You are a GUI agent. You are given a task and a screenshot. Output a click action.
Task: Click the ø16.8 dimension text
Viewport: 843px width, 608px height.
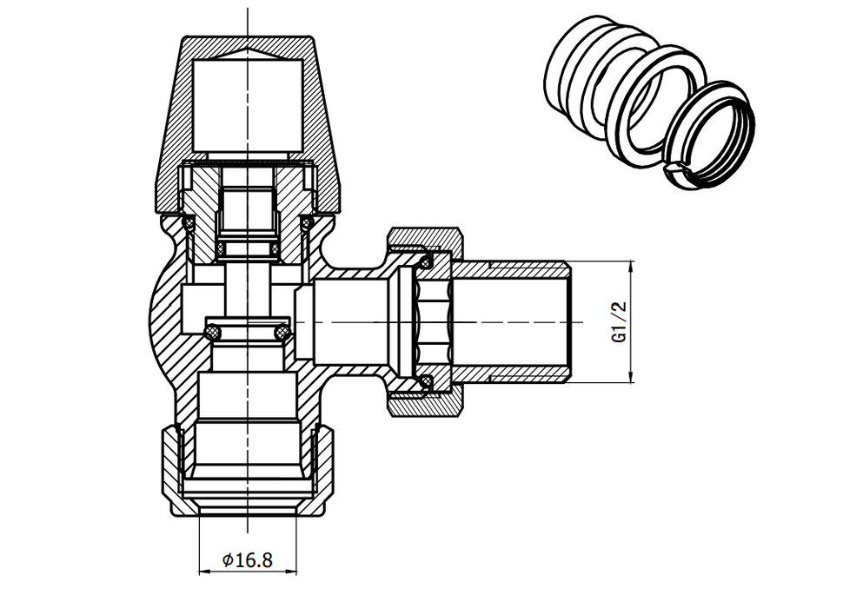click(247, 560)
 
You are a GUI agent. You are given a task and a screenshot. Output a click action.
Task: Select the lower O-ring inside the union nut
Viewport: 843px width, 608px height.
click(426, 381)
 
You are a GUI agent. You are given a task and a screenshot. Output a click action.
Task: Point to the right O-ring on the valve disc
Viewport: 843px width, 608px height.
click(282, 333)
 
